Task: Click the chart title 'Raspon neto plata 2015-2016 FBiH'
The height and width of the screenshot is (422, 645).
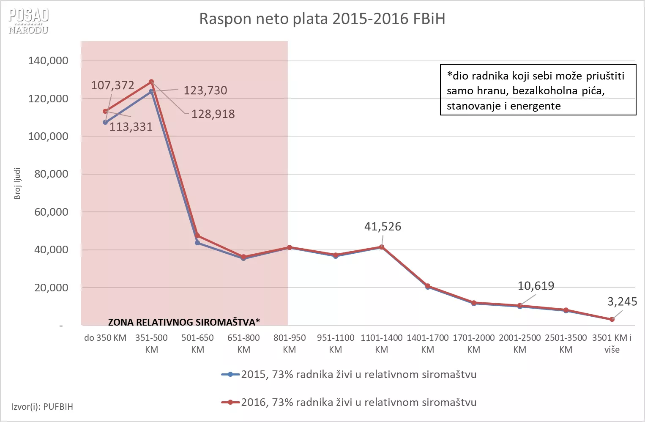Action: coord(322,19)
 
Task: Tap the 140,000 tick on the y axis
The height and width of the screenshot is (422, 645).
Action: coord(48,61)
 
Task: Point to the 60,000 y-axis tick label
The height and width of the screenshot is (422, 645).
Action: coord(51,212)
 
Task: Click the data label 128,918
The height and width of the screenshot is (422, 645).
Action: coord(213,114)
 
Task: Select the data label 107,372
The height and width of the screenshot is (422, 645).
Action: coord(112,85)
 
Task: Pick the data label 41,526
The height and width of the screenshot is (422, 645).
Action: coord(383,227)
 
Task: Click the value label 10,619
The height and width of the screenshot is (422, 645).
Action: coord(536,286)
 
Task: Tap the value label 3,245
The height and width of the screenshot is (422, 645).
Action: coord(622,301)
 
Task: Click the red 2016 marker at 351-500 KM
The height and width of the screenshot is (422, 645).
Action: coord(151,82)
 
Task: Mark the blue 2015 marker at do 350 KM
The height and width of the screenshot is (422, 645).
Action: coord(105,122)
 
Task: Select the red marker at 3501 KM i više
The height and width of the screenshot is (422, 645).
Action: coord(612,319)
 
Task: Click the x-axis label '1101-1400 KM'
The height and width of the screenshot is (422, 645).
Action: coord(381,343)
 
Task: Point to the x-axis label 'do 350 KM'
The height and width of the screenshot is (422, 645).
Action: coord(105,338)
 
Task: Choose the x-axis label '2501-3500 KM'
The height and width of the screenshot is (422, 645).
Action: coord(566,343)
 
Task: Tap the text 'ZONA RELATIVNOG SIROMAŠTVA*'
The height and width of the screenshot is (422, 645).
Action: coord(184,322)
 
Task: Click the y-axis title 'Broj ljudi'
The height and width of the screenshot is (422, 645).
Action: coord(17,184)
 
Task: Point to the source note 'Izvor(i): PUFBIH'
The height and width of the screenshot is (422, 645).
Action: coord(42,407)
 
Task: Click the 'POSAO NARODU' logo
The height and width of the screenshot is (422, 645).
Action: coord(28,21)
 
